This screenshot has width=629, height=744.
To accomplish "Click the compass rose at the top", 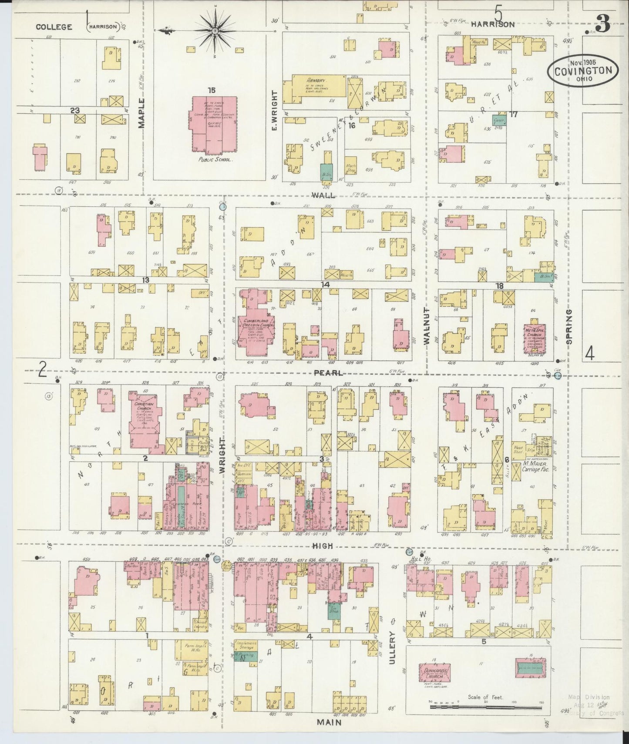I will point(215,31).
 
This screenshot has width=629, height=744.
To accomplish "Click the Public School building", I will point(215,124).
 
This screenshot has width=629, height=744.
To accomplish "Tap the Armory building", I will point(315,89).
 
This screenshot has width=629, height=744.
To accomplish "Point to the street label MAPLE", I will point(141,117).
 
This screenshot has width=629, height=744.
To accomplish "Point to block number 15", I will point(212,90).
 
